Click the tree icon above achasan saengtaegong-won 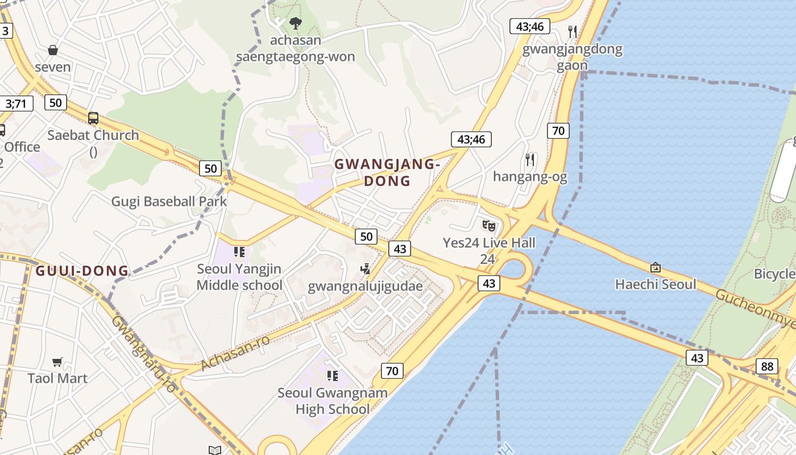295,23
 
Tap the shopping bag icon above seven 53,50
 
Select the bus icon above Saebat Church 93,118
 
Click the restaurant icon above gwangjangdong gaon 573,32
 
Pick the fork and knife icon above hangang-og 530,160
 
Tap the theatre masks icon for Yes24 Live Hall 489,226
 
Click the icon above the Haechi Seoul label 656,267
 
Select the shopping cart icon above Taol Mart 57,362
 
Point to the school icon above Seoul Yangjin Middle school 239,251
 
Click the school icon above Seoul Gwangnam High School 333,375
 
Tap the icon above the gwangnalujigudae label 366,268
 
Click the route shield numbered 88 767,366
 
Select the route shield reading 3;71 16,104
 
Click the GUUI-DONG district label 82,271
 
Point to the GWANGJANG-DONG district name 387,172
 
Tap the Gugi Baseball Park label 169,201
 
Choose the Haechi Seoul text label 656,284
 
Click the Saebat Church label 93,135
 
